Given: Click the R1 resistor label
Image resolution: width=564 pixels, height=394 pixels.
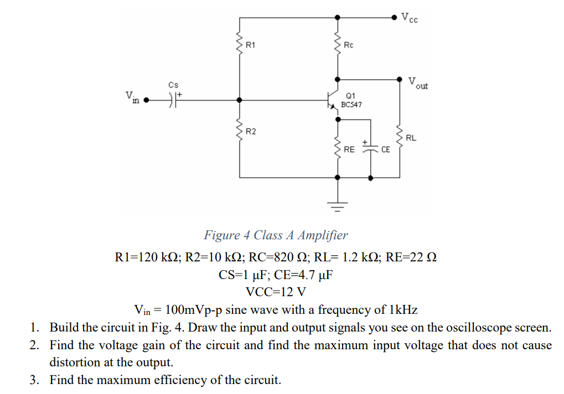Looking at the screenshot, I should pyautogui.click(x=250, y=44).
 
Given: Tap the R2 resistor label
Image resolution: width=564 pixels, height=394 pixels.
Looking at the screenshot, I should pyautogui.click(x=250, y=132).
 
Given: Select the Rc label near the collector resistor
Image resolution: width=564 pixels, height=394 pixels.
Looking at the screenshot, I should pyautogui.click(x=349, y=44).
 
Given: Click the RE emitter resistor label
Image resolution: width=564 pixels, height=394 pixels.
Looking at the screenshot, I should pyautogui.click(x=349, y=149).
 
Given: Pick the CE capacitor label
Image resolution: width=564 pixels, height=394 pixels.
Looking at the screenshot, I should pyautogui.click(x=386, y=149).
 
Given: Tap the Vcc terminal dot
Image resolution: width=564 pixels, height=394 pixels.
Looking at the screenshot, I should pyautogui.click(x=394, y=18).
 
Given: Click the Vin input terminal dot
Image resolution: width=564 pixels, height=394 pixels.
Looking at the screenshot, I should pyautogui.click(x=146, y=101).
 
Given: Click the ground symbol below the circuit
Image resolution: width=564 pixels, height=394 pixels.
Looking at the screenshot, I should pyautogui.click(x=338, y=204).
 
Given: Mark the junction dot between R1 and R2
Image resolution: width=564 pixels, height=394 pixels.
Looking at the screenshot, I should pyautogui.click(x=240, y=101).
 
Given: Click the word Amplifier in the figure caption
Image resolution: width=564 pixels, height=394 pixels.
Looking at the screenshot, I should pyautogui.click(x=323, y=235).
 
